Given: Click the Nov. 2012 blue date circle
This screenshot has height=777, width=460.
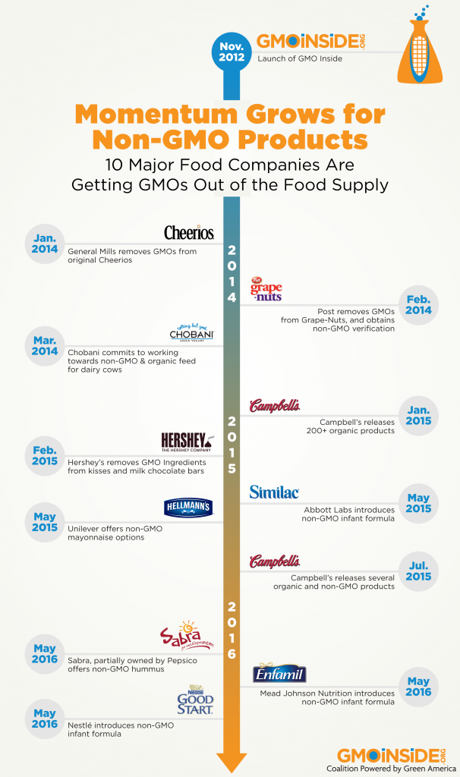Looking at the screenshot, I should pyautogui.click(x=232, y=50).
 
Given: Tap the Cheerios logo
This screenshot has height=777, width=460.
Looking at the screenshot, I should pyautogui.click(x=189, y=232).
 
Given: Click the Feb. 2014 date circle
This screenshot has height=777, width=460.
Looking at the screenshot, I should pyautogui.click(x=418, y=304).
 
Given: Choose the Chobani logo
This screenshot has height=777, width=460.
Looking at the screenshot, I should pyautogui.click(x=192, y=334).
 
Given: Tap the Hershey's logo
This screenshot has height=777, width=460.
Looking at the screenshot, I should pyautogui.click(x=188, y=442).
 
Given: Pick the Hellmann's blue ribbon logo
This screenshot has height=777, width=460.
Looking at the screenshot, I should pyautogui.click(x=188, y=508).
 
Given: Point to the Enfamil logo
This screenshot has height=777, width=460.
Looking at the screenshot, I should pyautogui.click(x=280, y=673).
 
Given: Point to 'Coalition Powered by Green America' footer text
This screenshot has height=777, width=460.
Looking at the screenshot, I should pyautogui.click(x=390, y=768).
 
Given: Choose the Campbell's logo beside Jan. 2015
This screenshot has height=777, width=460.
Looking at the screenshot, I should pyautogui.click(x=275, y=406).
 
